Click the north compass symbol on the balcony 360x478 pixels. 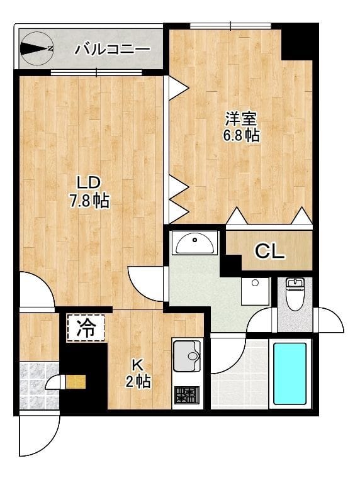37,48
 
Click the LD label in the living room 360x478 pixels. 89,183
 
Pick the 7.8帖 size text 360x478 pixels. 89,201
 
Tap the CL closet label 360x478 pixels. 270,252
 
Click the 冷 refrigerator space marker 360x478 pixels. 86,327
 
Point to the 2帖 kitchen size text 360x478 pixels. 138,381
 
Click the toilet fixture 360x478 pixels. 295,294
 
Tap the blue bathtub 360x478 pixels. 290,373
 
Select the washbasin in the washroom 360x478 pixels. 196,242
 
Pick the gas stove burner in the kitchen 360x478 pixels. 187,396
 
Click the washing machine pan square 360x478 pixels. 255,291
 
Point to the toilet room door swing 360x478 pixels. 330,320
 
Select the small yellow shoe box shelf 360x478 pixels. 76,382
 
